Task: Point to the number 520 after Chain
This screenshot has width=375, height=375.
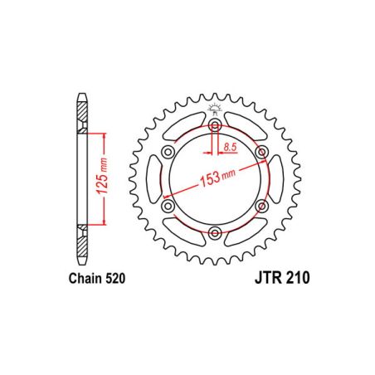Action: [x=114, y=280]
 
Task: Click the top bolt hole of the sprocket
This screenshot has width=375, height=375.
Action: [x=215, y=125]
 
